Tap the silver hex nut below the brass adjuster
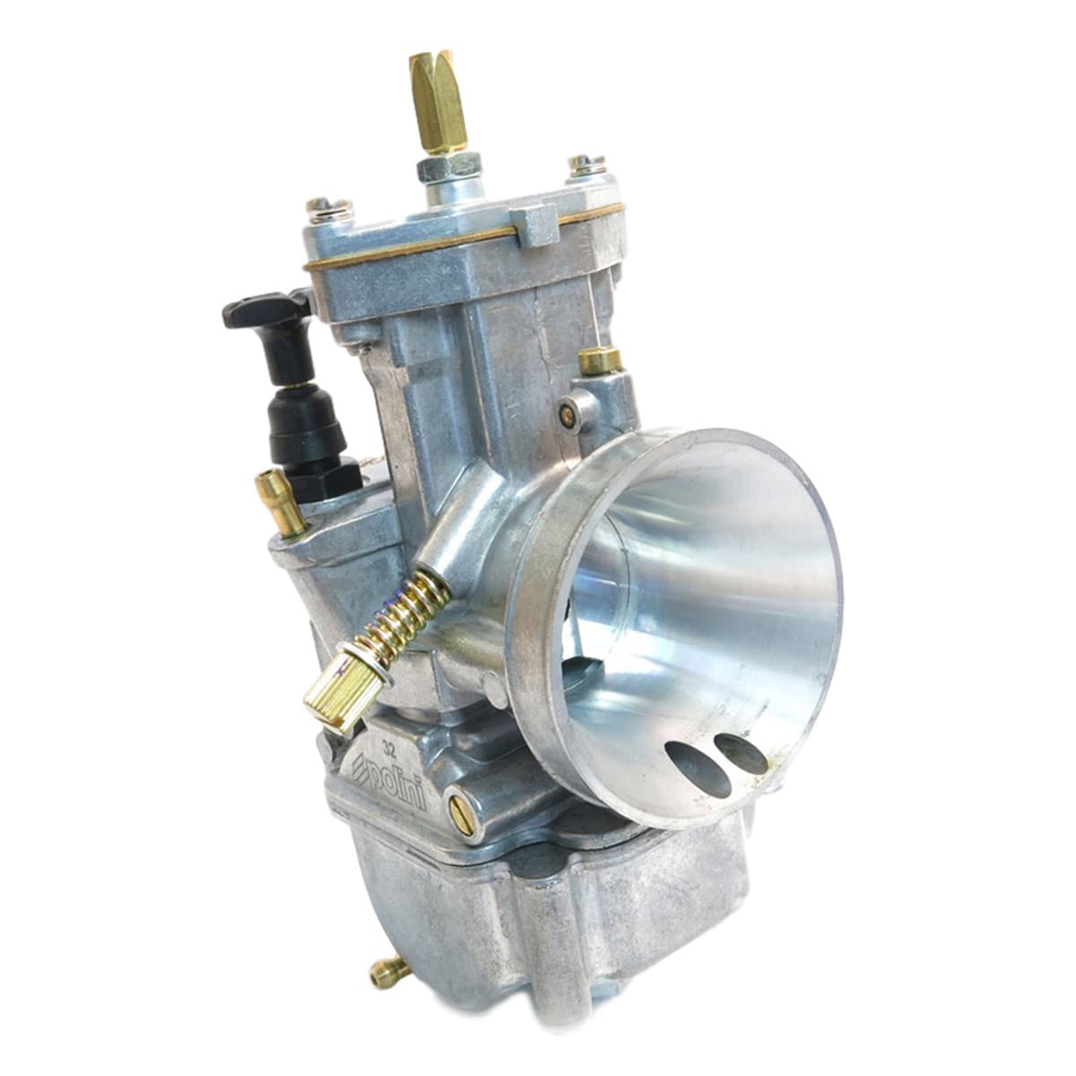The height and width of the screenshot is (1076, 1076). pyautogui.click(x=441, y=167)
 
